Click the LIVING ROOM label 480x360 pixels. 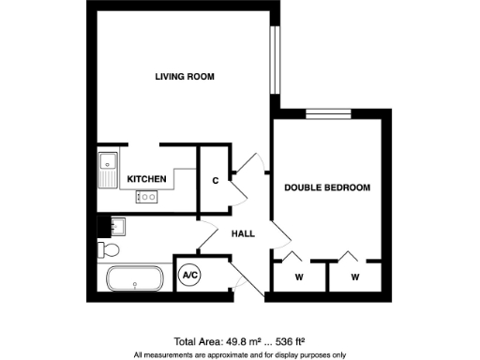point(186,76)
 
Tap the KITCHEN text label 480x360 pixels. point(147,178)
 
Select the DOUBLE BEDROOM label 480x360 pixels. point(327,187)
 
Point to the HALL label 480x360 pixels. point(243,233)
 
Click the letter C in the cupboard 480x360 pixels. point(216,180)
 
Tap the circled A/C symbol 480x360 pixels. point(189,276)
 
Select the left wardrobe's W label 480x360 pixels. point(299,277)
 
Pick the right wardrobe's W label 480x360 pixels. point(355,277)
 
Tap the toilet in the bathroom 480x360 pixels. point(109,249)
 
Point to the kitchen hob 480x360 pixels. point(147,197)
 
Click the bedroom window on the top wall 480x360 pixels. point(327,115)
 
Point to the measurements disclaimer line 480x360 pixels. point(240,354)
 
